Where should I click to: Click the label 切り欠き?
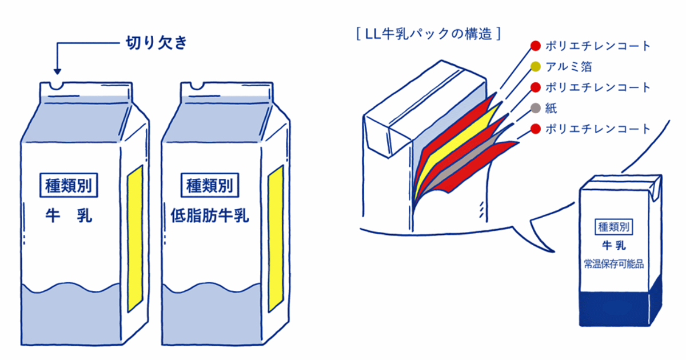pyautogui.click(x=155, y=43)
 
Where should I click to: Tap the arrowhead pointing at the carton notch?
pyautogui.click(x=57, y=70)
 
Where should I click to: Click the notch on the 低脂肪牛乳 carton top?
pyautogui.click(x=198, y=87)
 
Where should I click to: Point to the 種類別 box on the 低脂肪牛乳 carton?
pyautogui.click(x=210, y=185)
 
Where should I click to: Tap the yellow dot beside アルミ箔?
pyautogui.click(x=535, y=67)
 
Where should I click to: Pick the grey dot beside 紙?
pyautogui.click(x=535, y=108)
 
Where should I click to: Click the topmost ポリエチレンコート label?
pyautogui.click(x=598, y=46)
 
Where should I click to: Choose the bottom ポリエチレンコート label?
pyautogui.click(x=598, y=129)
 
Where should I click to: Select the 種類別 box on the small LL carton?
pyautogui.click(x=613, y=226)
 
